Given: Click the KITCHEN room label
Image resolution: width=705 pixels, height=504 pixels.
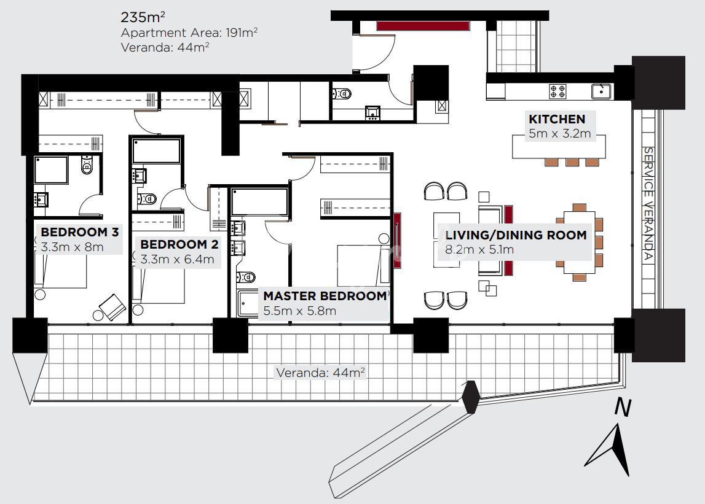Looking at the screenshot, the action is point(557,119).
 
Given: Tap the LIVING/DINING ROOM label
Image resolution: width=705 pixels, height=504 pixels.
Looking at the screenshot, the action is point(516,235).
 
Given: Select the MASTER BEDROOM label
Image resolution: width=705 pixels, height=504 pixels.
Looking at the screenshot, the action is point(325,296).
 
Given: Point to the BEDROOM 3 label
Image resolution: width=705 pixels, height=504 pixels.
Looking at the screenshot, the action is point(79,232).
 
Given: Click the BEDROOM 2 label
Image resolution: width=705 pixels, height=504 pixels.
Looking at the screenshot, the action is point(179,244).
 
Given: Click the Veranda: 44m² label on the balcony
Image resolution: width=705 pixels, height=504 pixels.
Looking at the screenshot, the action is point(320,373).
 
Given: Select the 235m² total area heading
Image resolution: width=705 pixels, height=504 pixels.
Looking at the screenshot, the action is point(143,17).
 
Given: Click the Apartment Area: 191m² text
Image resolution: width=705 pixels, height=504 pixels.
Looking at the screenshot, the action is point(189,33).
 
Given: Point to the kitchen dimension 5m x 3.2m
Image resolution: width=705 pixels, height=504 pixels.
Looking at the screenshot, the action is point(559,133).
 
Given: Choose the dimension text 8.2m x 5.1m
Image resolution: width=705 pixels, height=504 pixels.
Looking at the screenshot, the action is point(479,249).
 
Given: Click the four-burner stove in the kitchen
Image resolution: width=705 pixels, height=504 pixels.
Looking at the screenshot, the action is point(557,91).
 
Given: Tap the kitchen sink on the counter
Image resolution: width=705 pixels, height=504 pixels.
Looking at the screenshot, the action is point(601,91).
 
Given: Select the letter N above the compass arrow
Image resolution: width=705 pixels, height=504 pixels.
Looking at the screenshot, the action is point(623,408).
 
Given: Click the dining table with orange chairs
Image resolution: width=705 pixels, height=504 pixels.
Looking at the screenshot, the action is point(579,242).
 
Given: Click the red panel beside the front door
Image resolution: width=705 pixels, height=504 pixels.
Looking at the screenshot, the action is point(423,26).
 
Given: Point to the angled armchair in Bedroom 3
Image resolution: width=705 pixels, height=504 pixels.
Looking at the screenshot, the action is point(112,307).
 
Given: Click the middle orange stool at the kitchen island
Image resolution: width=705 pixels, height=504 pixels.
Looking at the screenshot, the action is point(572,162).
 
